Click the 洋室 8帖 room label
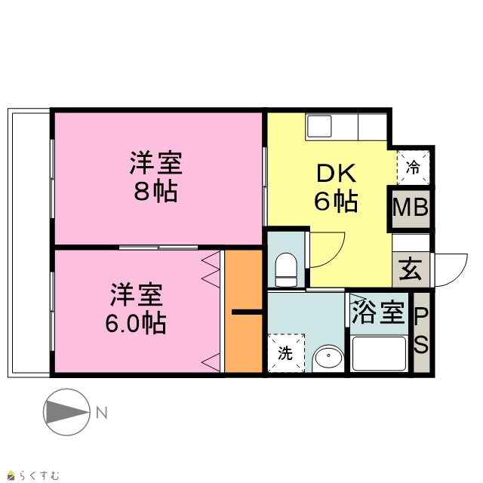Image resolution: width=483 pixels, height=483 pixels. coord(156,177)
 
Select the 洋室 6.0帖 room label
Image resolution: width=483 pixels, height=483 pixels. coord(136,309)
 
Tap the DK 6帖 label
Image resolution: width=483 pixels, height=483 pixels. coord(336,187)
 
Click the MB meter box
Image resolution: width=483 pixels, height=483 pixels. coord(411,208)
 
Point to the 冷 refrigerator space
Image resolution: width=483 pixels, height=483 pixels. coord(413,168)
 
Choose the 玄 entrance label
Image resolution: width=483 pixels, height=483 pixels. coord(411,269)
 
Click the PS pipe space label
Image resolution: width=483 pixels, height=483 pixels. coord(421,331)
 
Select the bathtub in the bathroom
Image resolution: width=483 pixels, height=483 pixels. coord(379,354)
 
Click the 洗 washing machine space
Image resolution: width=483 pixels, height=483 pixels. coord(286,353)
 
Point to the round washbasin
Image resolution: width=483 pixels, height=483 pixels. coord(328,358)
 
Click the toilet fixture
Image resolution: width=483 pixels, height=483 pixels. coord(286,269)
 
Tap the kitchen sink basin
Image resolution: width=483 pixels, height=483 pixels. coord(319,126)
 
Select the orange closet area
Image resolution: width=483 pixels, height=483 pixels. coord(243,311)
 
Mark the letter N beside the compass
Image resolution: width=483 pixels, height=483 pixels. coord(102,413)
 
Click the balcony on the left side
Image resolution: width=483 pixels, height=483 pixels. coord(29,243)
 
